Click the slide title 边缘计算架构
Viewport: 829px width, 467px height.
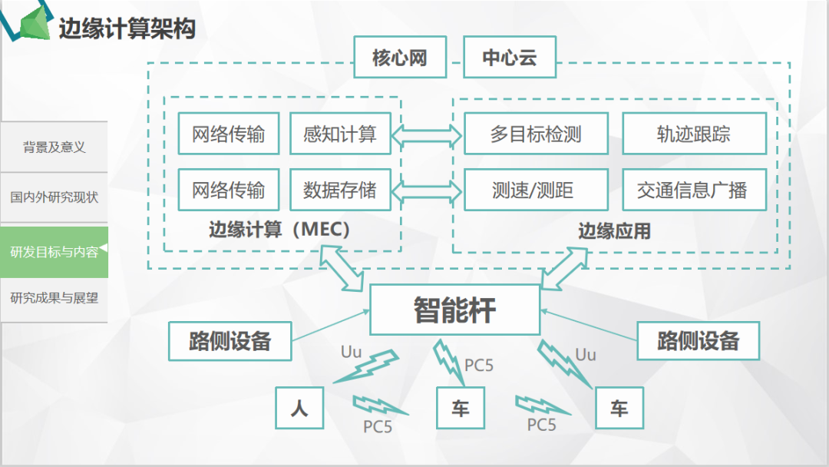click(x=127, y=28)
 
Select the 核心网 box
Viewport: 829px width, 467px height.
click(x=400, y=58)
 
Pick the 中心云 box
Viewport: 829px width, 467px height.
click(x=509, y=58)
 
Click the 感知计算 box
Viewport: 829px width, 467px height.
click(x=340, y=134)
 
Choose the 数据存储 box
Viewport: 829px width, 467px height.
click(x=340, y=190)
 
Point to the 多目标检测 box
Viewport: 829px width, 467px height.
click(x=536, y=134)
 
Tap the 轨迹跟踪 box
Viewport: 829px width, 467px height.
click(x=694, y=134)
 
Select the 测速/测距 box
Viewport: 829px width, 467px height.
click(x=536, y=190)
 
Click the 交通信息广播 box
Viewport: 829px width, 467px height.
click(x=694, y=190)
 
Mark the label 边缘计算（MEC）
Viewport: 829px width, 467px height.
click(x=280, y=230)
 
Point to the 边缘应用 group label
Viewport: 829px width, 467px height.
click(x=614, y=230)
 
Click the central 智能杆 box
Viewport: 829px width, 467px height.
click(x=454, y=310)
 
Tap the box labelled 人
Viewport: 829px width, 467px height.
click(x=299, y=407)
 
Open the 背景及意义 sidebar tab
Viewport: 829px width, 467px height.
click(x=54, y=147)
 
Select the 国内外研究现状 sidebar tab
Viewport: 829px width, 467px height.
click(x=54, y=197)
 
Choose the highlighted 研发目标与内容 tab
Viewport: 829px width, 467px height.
click(x=54, y=252)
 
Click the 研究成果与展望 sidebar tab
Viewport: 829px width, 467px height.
click(x=54, y=298)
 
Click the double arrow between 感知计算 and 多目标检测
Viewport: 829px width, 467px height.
click(x=427, y=136)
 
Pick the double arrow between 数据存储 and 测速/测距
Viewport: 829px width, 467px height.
click(x=427, y=190)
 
